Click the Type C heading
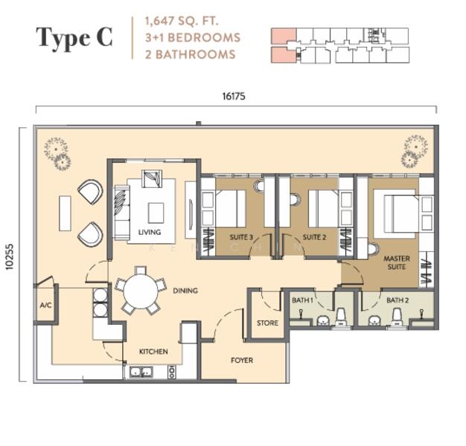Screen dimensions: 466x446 tap(74, 38)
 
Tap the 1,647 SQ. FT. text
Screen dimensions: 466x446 tap(182, 22)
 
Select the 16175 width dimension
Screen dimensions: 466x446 tap(234, 97)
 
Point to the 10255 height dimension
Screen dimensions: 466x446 tap(10, 256)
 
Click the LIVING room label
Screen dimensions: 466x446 tap(150, 232)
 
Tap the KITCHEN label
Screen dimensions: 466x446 tap(153, 352)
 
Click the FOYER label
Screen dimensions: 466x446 tap(242, 361)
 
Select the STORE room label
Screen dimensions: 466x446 tap(267, 323)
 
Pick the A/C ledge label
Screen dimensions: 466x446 tap(45, 305)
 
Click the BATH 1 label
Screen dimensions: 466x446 tap(302, 300)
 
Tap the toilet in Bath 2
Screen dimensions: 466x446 tap(397, 317)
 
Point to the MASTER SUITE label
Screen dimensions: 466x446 tap(397, 262)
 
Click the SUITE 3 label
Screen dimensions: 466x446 tap(241, 237)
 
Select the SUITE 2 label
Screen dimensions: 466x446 tap(314, 237)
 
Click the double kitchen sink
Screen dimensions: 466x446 tap(141, 372)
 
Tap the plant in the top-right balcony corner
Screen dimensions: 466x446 tap(415, 150)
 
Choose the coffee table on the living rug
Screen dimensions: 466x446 tap(156, 213)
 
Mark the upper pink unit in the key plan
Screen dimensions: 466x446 tap(283, 36)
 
